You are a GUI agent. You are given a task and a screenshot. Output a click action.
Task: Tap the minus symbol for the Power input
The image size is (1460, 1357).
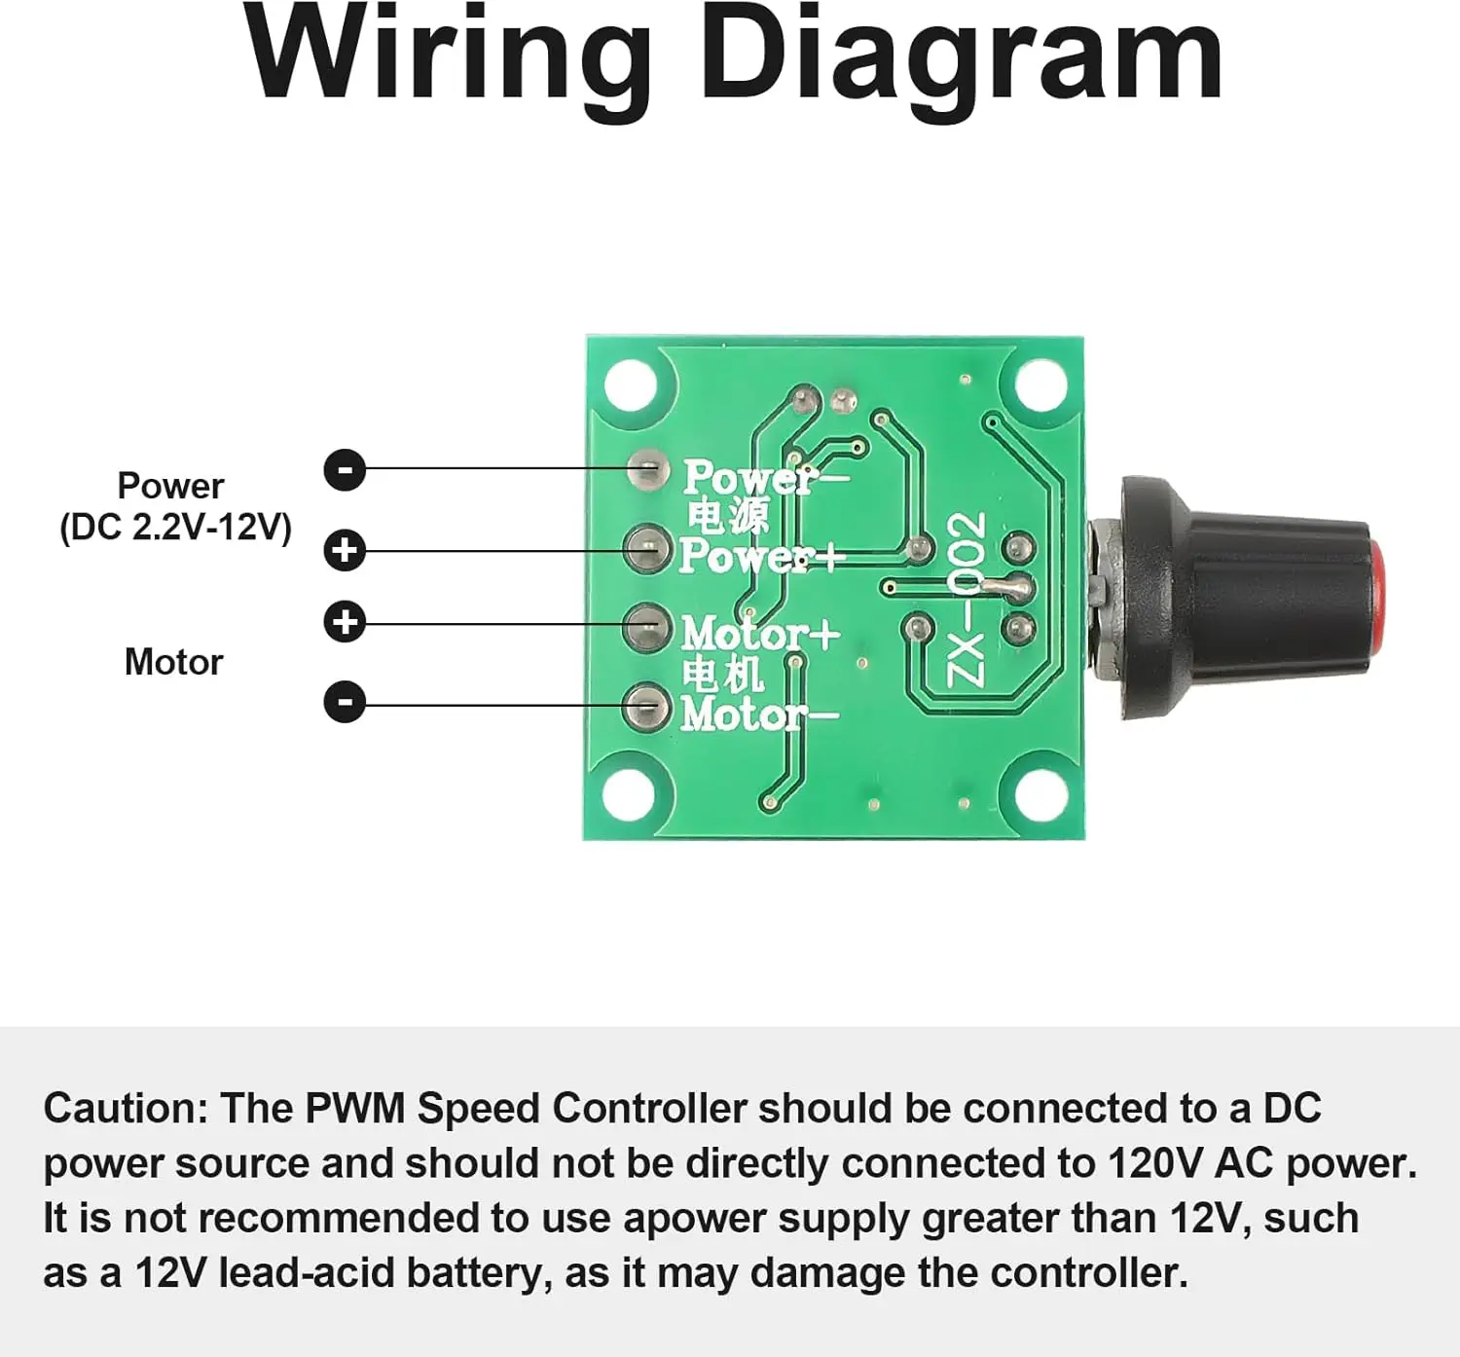[345, 470]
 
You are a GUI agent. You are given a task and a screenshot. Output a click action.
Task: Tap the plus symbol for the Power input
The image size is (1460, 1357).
[345, 551]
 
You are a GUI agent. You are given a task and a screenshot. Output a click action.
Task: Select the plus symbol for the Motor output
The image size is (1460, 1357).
[345, 622]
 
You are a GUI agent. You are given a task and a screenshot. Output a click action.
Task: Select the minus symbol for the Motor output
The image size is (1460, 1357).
[345, 702]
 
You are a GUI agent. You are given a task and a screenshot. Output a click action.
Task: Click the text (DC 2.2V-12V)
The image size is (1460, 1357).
[175, 528]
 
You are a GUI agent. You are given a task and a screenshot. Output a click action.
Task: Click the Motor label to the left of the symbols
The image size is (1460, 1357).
[173, 663]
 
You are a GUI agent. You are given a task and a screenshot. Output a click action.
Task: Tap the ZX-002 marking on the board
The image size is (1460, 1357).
[967, 599]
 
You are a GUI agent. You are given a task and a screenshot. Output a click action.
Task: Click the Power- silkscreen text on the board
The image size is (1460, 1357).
[764, 478]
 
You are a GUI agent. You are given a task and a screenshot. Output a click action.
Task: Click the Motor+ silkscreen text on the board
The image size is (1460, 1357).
[759, 635]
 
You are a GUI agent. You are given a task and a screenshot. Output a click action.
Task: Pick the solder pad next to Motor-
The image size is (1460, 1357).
[646, 707]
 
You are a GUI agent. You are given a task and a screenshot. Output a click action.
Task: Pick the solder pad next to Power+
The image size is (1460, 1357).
[646, 550]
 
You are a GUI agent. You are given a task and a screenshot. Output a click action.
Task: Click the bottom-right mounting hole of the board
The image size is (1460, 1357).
[1040, 793]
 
